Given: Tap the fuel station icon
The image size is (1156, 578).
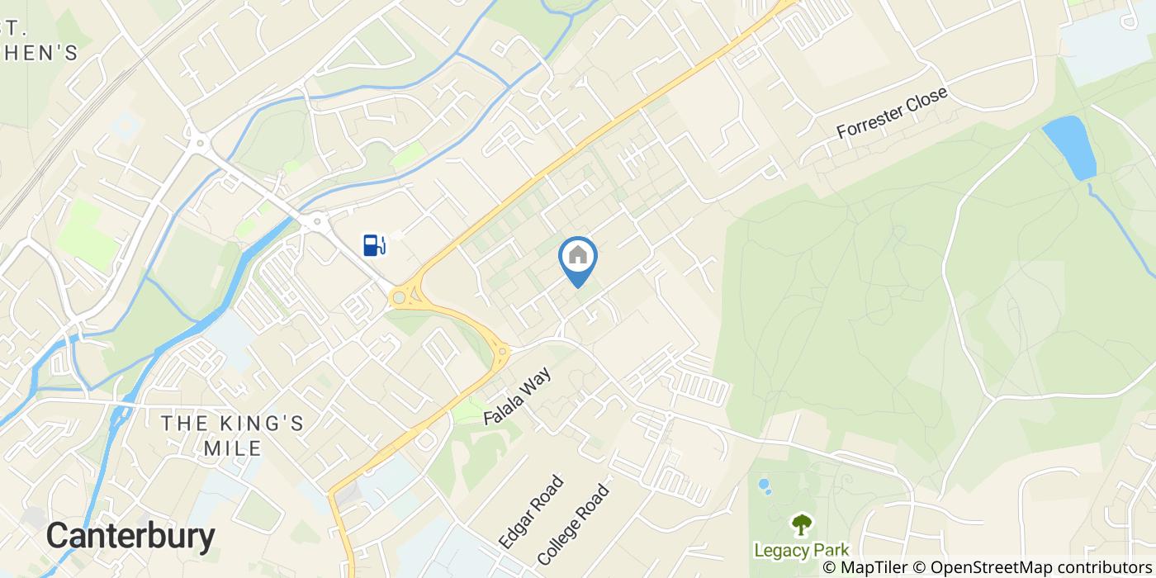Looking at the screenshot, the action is [x=373, y=244].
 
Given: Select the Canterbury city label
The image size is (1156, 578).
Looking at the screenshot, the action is [x=130, y=537].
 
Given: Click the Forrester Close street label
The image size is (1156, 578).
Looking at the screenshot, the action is [x=892, y=114].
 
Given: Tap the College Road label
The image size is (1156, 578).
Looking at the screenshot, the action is [x=573, y=524].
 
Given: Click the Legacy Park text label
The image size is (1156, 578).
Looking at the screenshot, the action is [x=800, y=550].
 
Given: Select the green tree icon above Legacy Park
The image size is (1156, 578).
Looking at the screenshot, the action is [x=801, y=524].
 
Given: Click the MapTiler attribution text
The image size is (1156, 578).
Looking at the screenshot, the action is [x=874, y=567].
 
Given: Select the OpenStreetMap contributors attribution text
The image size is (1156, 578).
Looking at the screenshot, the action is [x=1041, y=567].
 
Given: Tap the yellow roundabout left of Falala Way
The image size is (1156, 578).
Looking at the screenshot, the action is [x=501, y=353].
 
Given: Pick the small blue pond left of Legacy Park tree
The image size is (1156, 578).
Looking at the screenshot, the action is [x=764, y=485].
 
